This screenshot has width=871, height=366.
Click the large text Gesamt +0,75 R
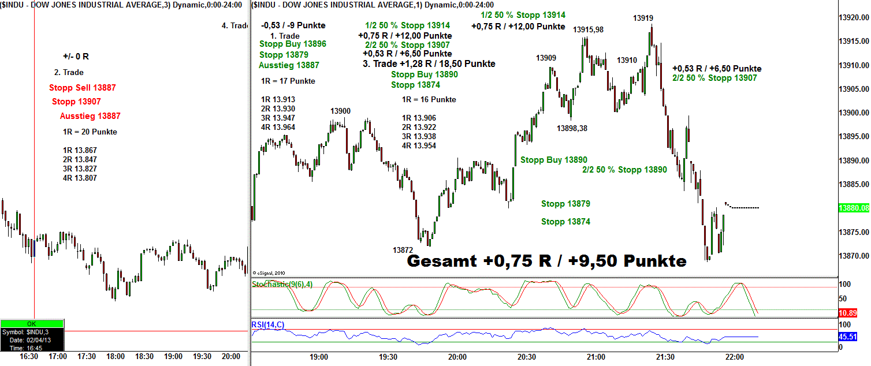click(x=546, y=262)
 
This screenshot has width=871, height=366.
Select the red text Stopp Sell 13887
click(x=83, y=88)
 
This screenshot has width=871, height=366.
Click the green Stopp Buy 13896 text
click(x=293, y=44)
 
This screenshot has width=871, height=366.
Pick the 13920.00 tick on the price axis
click(x=853, y=18)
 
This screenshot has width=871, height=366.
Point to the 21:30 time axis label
click(x=665, y=357)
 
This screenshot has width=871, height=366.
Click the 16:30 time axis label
click(x=29, y=357)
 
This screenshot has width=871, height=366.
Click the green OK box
click(x=32, y=324)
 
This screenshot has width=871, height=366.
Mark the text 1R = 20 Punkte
click(x=90, y=132)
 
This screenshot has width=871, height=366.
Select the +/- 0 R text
click(x=76, y=57)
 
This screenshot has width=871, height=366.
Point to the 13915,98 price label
click(x=588, y=29)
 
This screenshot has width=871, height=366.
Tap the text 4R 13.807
click(x=80, y=178)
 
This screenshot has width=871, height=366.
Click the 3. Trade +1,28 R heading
click(x=429, y=64)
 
